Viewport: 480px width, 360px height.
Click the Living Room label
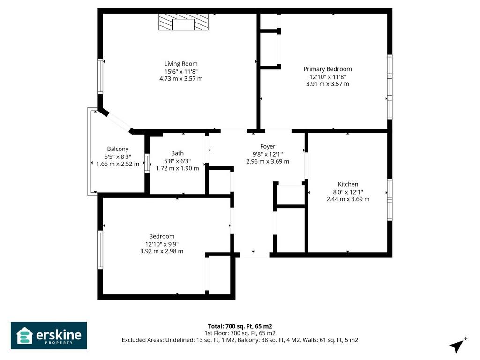(x=181, y=64)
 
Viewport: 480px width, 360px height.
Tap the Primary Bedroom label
(x=328, y=69)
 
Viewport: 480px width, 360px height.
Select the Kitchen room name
(x=348, y=184)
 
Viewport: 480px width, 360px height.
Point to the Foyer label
(x=268, y=146)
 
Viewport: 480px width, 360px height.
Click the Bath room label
(x=178, y=153)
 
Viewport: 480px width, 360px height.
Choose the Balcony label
(x=118, y=149)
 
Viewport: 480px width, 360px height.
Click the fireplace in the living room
(x=183, y=22)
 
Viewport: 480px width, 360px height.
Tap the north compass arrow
(x=457, y=345)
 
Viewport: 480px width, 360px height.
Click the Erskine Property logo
(x=49, y=335)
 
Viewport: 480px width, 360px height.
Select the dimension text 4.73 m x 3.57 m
(x=181, y=79)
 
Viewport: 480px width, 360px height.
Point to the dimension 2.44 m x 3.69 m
(x=348, y=199)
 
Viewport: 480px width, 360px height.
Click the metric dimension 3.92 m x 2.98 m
(x=162, y=251)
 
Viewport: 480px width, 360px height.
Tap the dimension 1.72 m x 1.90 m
(x=178, y=168)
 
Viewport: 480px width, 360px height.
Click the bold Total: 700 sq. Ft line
(x=240, y=326)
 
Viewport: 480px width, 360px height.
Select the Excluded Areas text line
(x=240, y=340)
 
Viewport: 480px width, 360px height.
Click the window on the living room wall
(x=100, y=76)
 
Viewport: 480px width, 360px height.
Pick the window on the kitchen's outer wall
(x=390, y=200)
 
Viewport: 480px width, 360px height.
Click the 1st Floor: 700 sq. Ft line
(x=240, y=333)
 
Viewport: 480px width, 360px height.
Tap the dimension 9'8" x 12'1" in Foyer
(x=268, y=154)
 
